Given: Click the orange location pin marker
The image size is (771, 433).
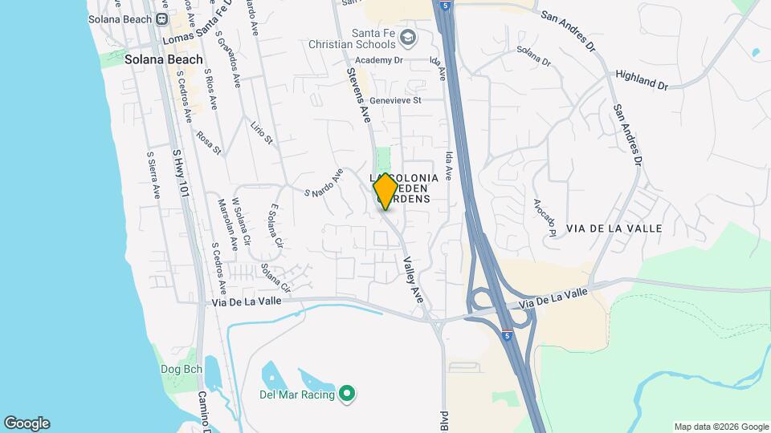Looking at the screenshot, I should point(385,191).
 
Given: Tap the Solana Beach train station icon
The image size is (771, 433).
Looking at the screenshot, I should point(162,19).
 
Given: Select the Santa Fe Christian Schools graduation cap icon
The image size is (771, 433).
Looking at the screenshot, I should point(409,38).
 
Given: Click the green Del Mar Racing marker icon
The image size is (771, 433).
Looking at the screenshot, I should point(347,393).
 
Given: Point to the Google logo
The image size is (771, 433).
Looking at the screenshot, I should point(27,423).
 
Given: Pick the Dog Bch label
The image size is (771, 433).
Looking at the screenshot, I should point(182,370).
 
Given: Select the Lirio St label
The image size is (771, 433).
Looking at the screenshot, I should point(262,134).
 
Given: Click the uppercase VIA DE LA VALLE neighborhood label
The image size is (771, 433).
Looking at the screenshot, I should point(614,229).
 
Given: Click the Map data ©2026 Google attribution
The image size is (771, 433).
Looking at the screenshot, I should point(720,427).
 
